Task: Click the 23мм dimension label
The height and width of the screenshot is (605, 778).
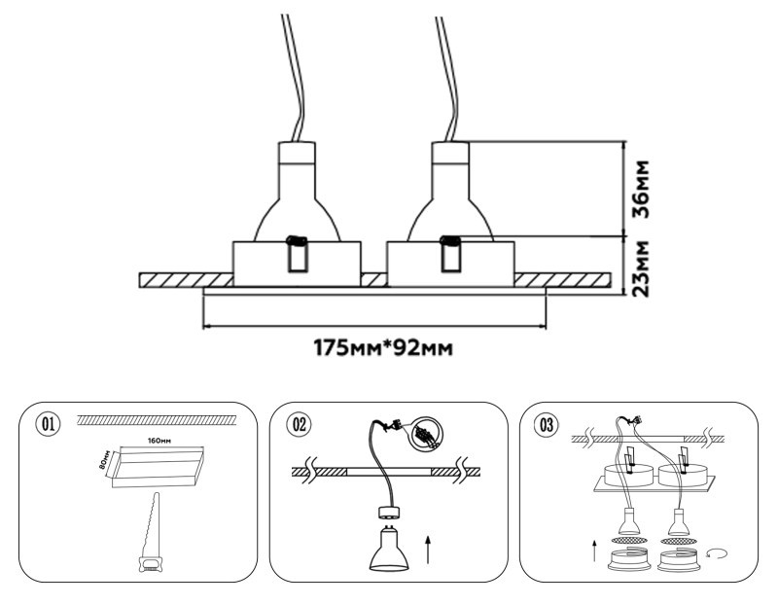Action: (x=639, y=267)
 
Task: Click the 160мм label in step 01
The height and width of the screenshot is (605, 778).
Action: (x=161, y=441)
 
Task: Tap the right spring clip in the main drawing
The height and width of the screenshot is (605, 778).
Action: (x=450, y=253)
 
